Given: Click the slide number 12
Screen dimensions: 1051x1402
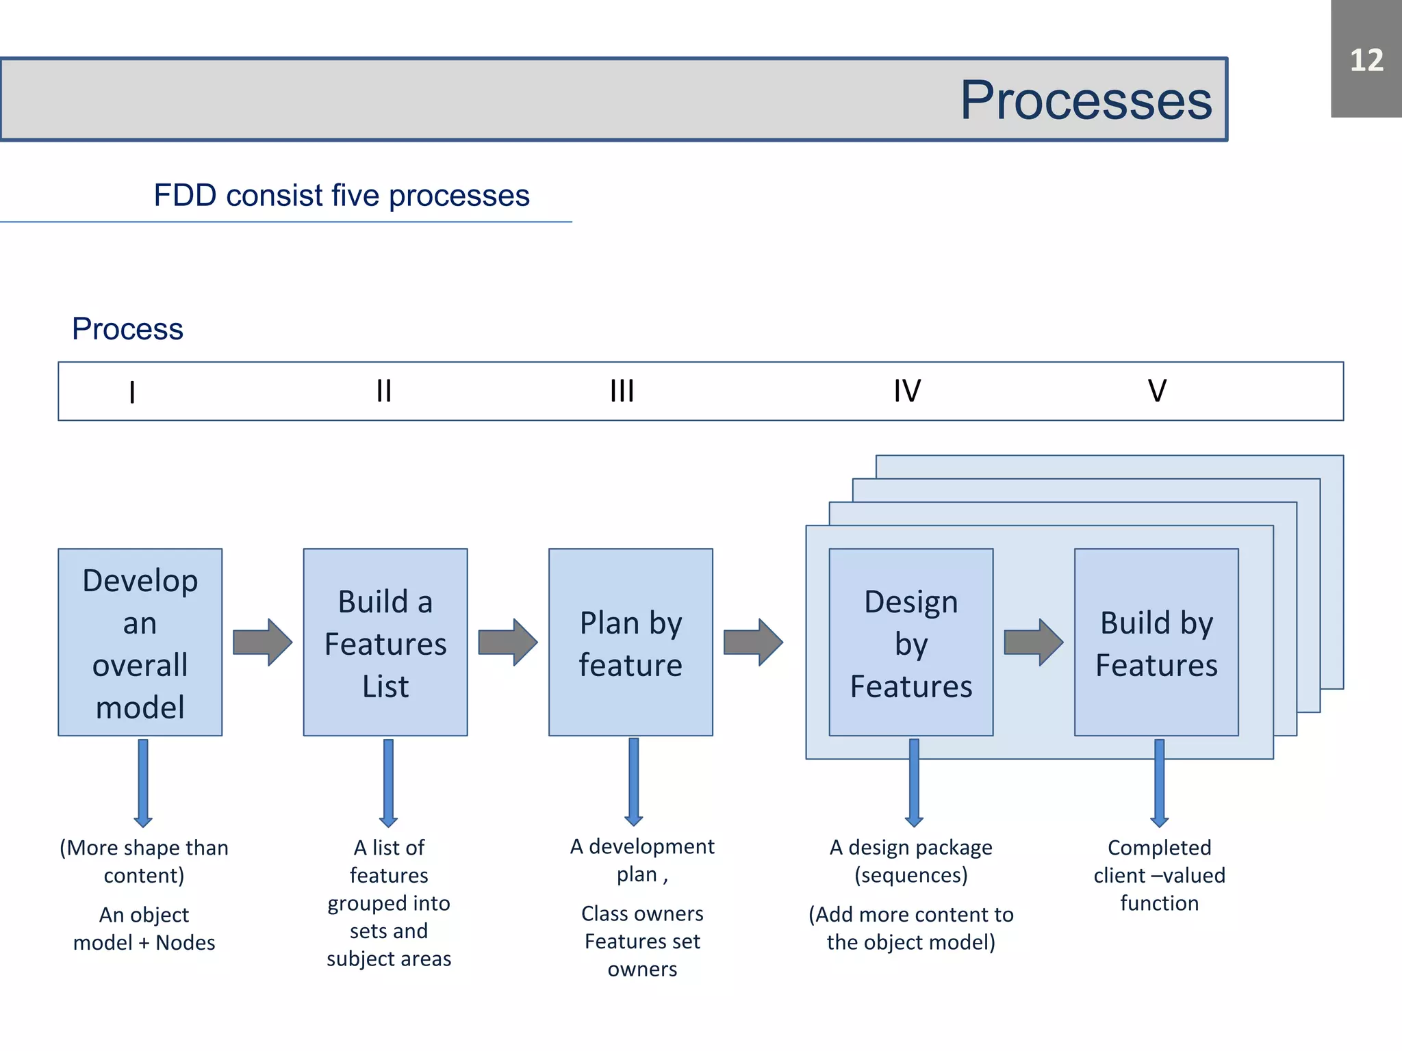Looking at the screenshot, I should pyautogui.click(x=1366, y=60).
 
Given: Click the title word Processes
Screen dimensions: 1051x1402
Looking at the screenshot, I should pyautogui.click(x=1086, y=100).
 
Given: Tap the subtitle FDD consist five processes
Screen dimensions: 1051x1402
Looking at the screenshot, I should pyautogui.click(x=341, y=196).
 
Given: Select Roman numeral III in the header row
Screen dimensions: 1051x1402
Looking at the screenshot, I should pyautogui.click(x=622, y=391).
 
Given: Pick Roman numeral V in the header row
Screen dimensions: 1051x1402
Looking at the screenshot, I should pyautogui.click(x=1157, y=391).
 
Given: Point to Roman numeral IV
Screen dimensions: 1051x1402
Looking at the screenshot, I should pyautogui.click(x=907, y=391).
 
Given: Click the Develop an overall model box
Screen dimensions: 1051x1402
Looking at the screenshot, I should pyautogui.click(x=140, y=642).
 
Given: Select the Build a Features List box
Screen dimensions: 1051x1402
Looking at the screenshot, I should pyautogui.click(x=385, y=642).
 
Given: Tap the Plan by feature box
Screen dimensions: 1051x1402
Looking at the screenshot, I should pyautogui.click(x=630, y=642).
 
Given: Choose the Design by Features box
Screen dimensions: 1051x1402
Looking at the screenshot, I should pyautogui.click(x=910, y=642).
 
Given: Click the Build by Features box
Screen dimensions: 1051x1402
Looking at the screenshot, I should pyautogui.click(x=1156, y=642).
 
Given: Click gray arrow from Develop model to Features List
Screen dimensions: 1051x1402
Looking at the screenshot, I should pyautogui.click(x=262, y=642).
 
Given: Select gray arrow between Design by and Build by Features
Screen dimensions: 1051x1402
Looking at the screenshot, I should pyautogui.click(x=1033, y=642).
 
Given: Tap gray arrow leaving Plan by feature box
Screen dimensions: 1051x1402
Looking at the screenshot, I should pyautogui.click(x=753, y=642).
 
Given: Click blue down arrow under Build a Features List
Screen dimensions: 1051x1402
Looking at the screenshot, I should pyautogui.click(x=388, y=782).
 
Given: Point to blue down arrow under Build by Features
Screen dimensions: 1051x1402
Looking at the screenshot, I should pyautogui.click(x=1159, y=782).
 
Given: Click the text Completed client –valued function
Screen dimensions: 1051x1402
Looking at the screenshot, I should pyautogui.click(x=1159, y=875).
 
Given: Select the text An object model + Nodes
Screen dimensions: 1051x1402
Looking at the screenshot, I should pyautogui.click(x=144, y=929).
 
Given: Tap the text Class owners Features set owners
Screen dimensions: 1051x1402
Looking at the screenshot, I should pyautogui.click(x=642, y=941).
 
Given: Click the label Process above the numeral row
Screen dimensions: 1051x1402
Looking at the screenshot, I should pyautogui.click(x=127, y=329).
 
